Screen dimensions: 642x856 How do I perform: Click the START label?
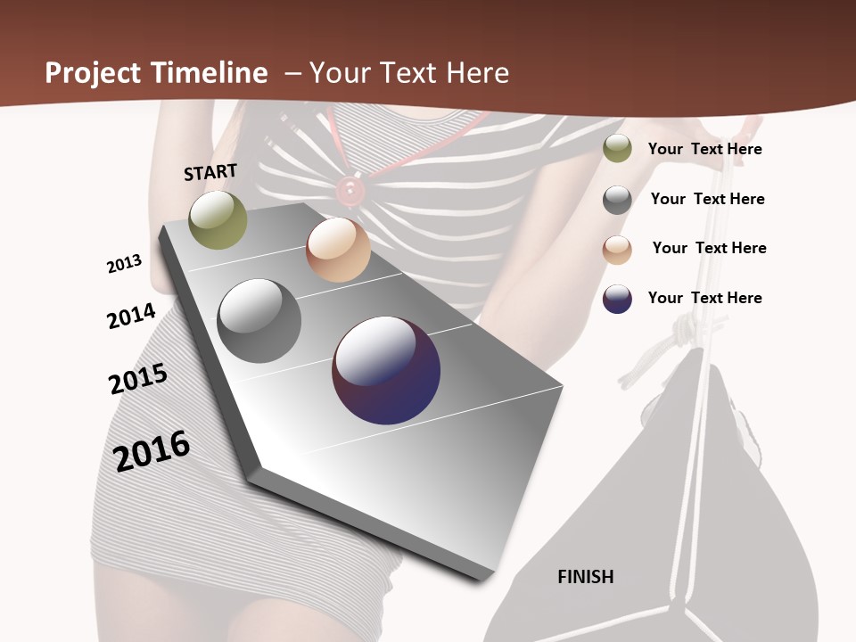pyautogui.click(x=210, y=172)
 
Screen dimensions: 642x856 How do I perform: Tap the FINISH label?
pyautogui.click(x=585, y=577)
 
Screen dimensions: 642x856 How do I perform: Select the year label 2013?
pyautogui.click(x=124, y=263)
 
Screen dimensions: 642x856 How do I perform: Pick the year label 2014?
pyautogui.click(x=131, y=316)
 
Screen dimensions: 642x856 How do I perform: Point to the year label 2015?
pyautogui.click(x=138, y=379)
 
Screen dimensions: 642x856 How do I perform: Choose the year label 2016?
pyautogui.click(x=152, y=450)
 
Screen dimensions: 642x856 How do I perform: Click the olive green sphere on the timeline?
pyautogui.click(x=218, y=220)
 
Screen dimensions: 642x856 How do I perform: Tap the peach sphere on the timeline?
pyautogui.click(x=338, y=250)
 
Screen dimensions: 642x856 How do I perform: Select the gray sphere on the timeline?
pyautogui.click(x=259, y=321)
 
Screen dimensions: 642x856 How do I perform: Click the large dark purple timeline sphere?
pyautogui.click(x=386, y=369)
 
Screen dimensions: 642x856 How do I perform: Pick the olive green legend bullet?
pyautogui.click(x=617, y=149)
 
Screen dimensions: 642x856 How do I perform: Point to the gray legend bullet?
pyautogui.click(x=617, y=200)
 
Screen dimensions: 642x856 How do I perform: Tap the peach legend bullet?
pyautogui.click(x=617, y=250)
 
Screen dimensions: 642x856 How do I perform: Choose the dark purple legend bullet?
pyautogui.click(x=617, y=299)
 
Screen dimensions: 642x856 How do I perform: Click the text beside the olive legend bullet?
pyautogui.click(x=704, y=149)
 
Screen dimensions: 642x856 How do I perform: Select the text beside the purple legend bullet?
pyautogui.click(x=704, y=298)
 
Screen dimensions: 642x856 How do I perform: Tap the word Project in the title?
pyautogui.click(x=93, y=73)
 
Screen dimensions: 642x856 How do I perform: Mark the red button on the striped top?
pyautogui.click(x=348, y=189)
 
